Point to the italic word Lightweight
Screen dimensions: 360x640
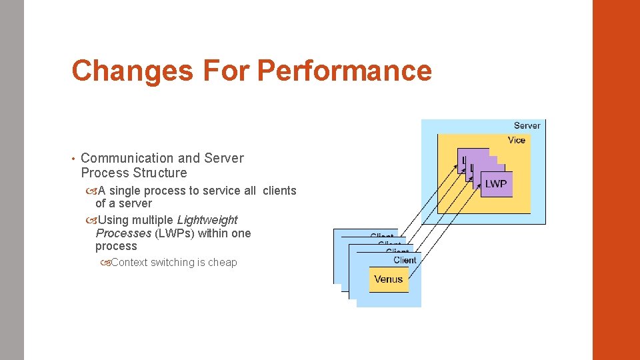(207, 219)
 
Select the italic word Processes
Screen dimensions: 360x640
(123, 233)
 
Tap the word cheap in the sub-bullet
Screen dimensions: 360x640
(221, 263)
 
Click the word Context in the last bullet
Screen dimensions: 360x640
(129, 263)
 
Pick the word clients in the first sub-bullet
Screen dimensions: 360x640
(279, 191)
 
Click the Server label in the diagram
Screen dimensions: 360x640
(527, 125)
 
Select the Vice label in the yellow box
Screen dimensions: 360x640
(516, 140)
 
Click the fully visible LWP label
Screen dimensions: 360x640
(495, 184)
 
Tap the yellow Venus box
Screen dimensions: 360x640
(388, 279)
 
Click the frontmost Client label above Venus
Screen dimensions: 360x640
(405, 260)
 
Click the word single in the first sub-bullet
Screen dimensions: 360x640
(125, 191)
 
